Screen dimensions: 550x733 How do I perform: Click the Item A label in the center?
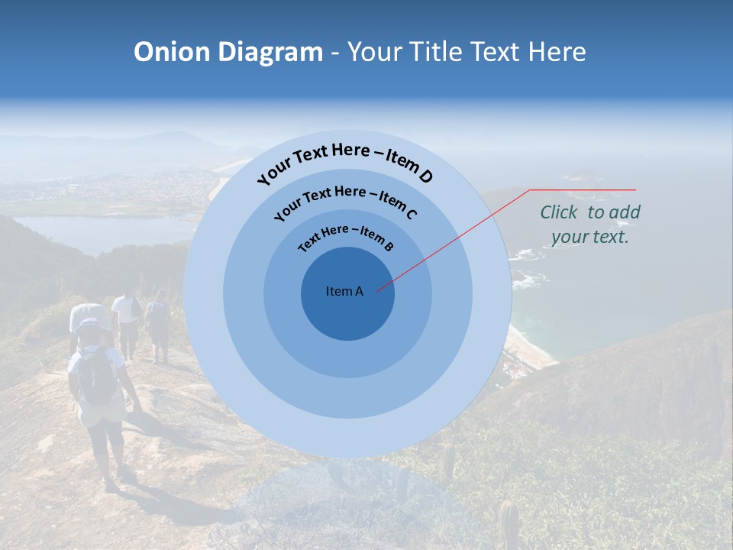pyautogui.click(x=344, y=291)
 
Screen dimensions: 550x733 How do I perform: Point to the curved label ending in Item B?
pyautogui.click(x=346, y=236)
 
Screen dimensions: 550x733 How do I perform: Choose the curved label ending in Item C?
pyautogui.click(x=345, y=201)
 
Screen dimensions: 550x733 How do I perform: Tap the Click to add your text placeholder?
pyautogui.click(x=590, y=225)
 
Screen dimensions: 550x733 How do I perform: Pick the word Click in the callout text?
pyautogui.click(x=560, y=212)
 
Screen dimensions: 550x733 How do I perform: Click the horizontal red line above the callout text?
pyautogui.click(x=583, y=189)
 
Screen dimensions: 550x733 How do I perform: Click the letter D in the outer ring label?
pyautogui.click(x=425, y=177)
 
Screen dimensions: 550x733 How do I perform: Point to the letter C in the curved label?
pyautogui.click(x=411, y=214)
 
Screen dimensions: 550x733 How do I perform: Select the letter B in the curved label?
pyautogui.click(x=389, y=246)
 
